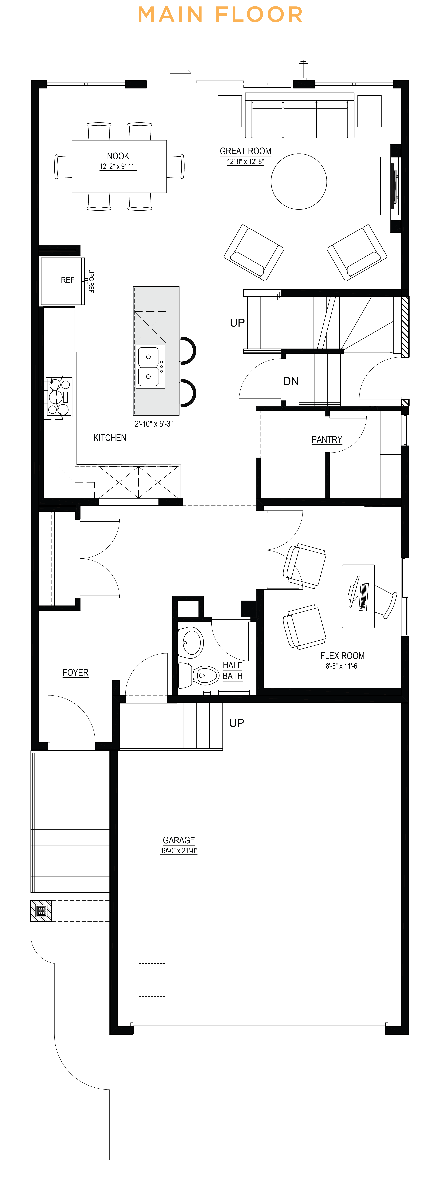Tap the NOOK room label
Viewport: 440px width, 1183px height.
click(118, 156)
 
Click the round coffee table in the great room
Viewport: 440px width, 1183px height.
click(299, 181)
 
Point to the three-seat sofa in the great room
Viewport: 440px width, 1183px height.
click(300, 115)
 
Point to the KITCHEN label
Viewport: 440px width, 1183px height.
click(110, 438)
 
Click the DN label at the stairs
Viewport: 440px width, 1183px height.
click(291, 381)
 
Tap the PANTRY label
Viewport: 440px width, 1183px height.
click(327, 439)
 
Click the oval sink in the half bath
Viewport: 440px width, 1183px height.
click(190, 642)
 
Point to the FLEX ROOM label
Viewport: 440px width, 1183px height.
click(342, 656)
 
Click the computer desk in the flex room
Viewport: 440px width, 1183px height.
click(358, 596)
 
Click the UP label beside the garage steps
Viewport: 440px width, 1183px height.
click(237, 723)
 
